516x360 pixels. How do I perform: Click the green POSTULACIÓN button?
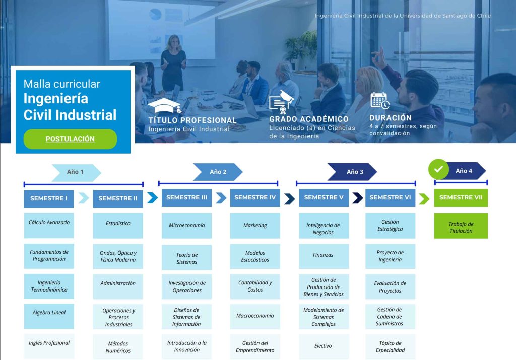click(x=70, y=139)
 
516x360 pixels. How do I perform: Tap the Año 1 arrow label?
click(x=76, y=172)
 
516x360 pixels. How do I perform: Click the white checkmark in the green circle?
click(x=438, y=170)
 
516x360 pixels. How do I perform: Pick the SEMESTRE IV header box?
click(x=255, y=197)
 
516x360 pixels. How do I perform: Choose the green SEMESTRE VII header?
click(x=461, y=197)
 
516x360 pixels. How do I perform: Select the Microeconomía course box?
click(x=186, y=226)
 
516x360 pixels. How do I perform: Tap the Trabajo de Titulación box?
click(x=461, y=227)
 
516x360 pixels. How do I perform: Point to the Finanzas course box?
click(x=323, y=255)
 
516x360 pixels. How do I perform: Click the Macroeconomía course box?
click(x=255, y=316)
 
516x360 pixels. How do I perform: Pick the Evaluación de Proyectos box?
click(x=390, y=287)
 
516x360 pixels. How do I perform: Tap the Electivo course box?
click(x=323, y=346)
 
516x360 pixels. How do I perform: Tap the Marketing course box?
click(x=255, y=225)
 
